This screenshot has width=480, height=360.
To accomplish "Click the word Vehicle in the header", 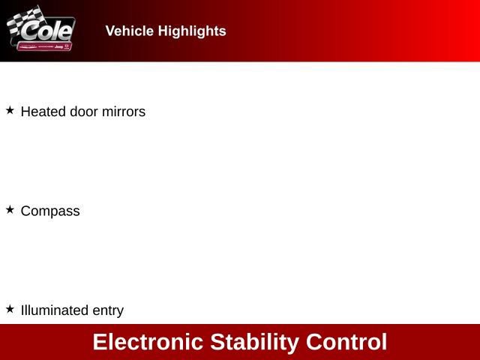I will [x=130, y=31].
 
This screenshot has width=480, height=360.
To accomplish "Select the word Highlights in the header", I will [x=191, y=31].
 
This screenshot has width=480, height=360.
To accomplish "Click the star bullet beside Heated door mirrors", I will [x=10, y=110].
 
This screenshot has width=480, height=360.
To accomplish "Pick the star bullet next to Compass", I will [x=10, y=210].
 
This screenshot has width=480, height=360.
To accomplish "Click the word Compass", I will [x=50, y=211].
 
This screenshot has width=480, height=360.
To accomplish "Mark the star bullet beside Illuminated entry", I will [x=10, y=309].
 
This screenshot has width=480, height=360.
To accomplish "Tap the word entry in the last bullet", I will [x=108, y=310].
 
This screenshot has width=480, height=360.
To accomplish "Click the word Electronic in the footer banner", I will [x=148, y=342].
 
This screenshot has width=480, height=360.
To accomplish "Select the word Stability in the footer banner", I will [x=254, y=342].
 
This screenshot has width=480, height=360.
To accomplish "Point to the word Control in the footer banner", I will [x=346, y=342].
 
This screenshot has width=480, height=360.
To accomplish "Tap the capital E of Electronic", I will [x=100, y=342].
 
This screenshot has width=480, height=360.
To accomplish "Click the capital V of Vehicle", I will [x=110, y=31].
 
